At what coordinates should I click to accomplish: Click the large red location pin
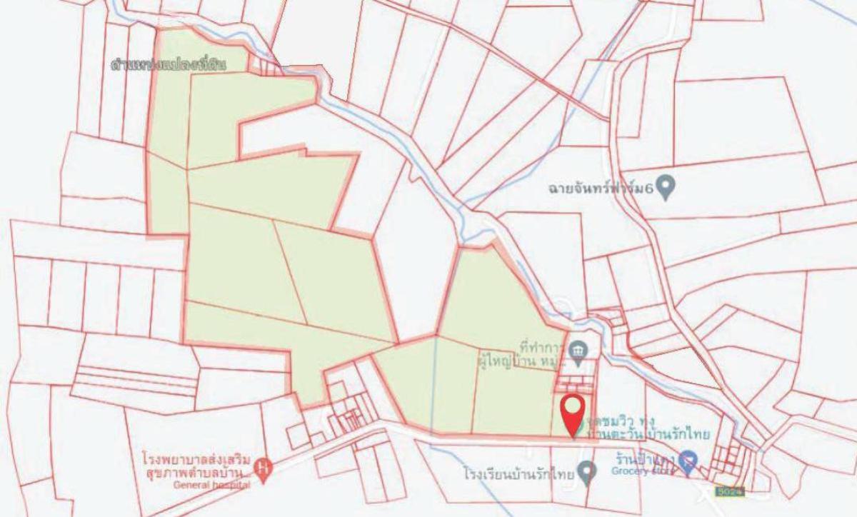573,414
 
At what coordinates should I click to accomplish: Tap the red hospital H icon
264,468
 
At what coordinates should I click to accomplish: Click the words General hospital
211,486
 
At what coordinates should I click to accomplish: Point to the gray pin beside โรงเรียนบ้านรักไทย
588,471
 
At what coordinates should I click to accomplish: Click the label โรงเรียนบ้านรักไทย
519,473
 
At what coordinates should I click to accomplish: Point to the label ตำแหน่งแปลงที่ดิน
169,64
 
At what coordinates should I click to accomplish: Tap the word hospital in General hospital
230,486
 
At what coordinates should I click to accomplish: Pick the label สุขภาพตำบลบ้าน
189,472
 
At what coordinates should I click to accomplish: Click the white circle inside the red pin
573,408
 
